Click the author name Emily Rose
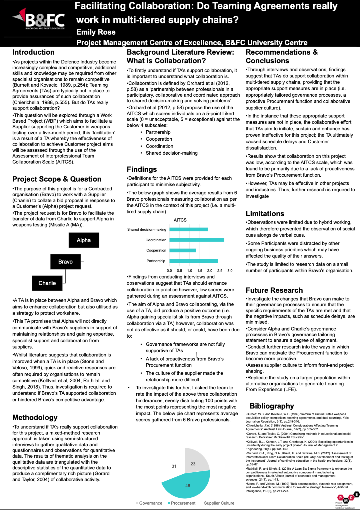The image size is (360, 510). [x=96, y=32]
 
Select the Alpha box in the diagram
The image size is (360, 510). [x=84, y=240]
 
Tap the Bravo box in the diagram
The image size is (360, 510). [x=65, y=262]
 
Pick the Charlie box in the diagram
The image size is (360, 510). [x=47, y=283]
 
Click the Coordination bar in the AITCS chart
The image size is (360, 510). [x=197, y=240]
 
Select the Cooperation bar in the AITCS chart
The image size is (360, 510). [x=183, y=250]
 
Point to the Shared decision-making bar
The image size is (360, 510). [x=189, y=229]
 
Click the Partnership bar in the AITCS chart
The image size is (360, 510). [x=194, y=261]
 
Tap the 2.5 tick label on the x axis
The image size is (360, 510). [x=220, y=270]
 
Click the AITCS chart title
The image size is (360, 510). [x=180, y=220]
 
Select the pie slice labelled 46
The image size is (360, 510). [x=187, y=485]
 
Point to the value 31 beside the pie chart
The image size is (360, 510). [x=174, y=466]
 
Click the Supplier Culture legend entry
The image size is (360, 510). [x=219, y=503]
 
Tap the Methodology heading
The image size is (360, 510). [x=35, y=417]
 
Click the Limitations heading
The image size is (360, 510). [x=265, y=214]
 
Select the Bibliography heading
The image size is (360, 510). [x=272, y=406]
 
